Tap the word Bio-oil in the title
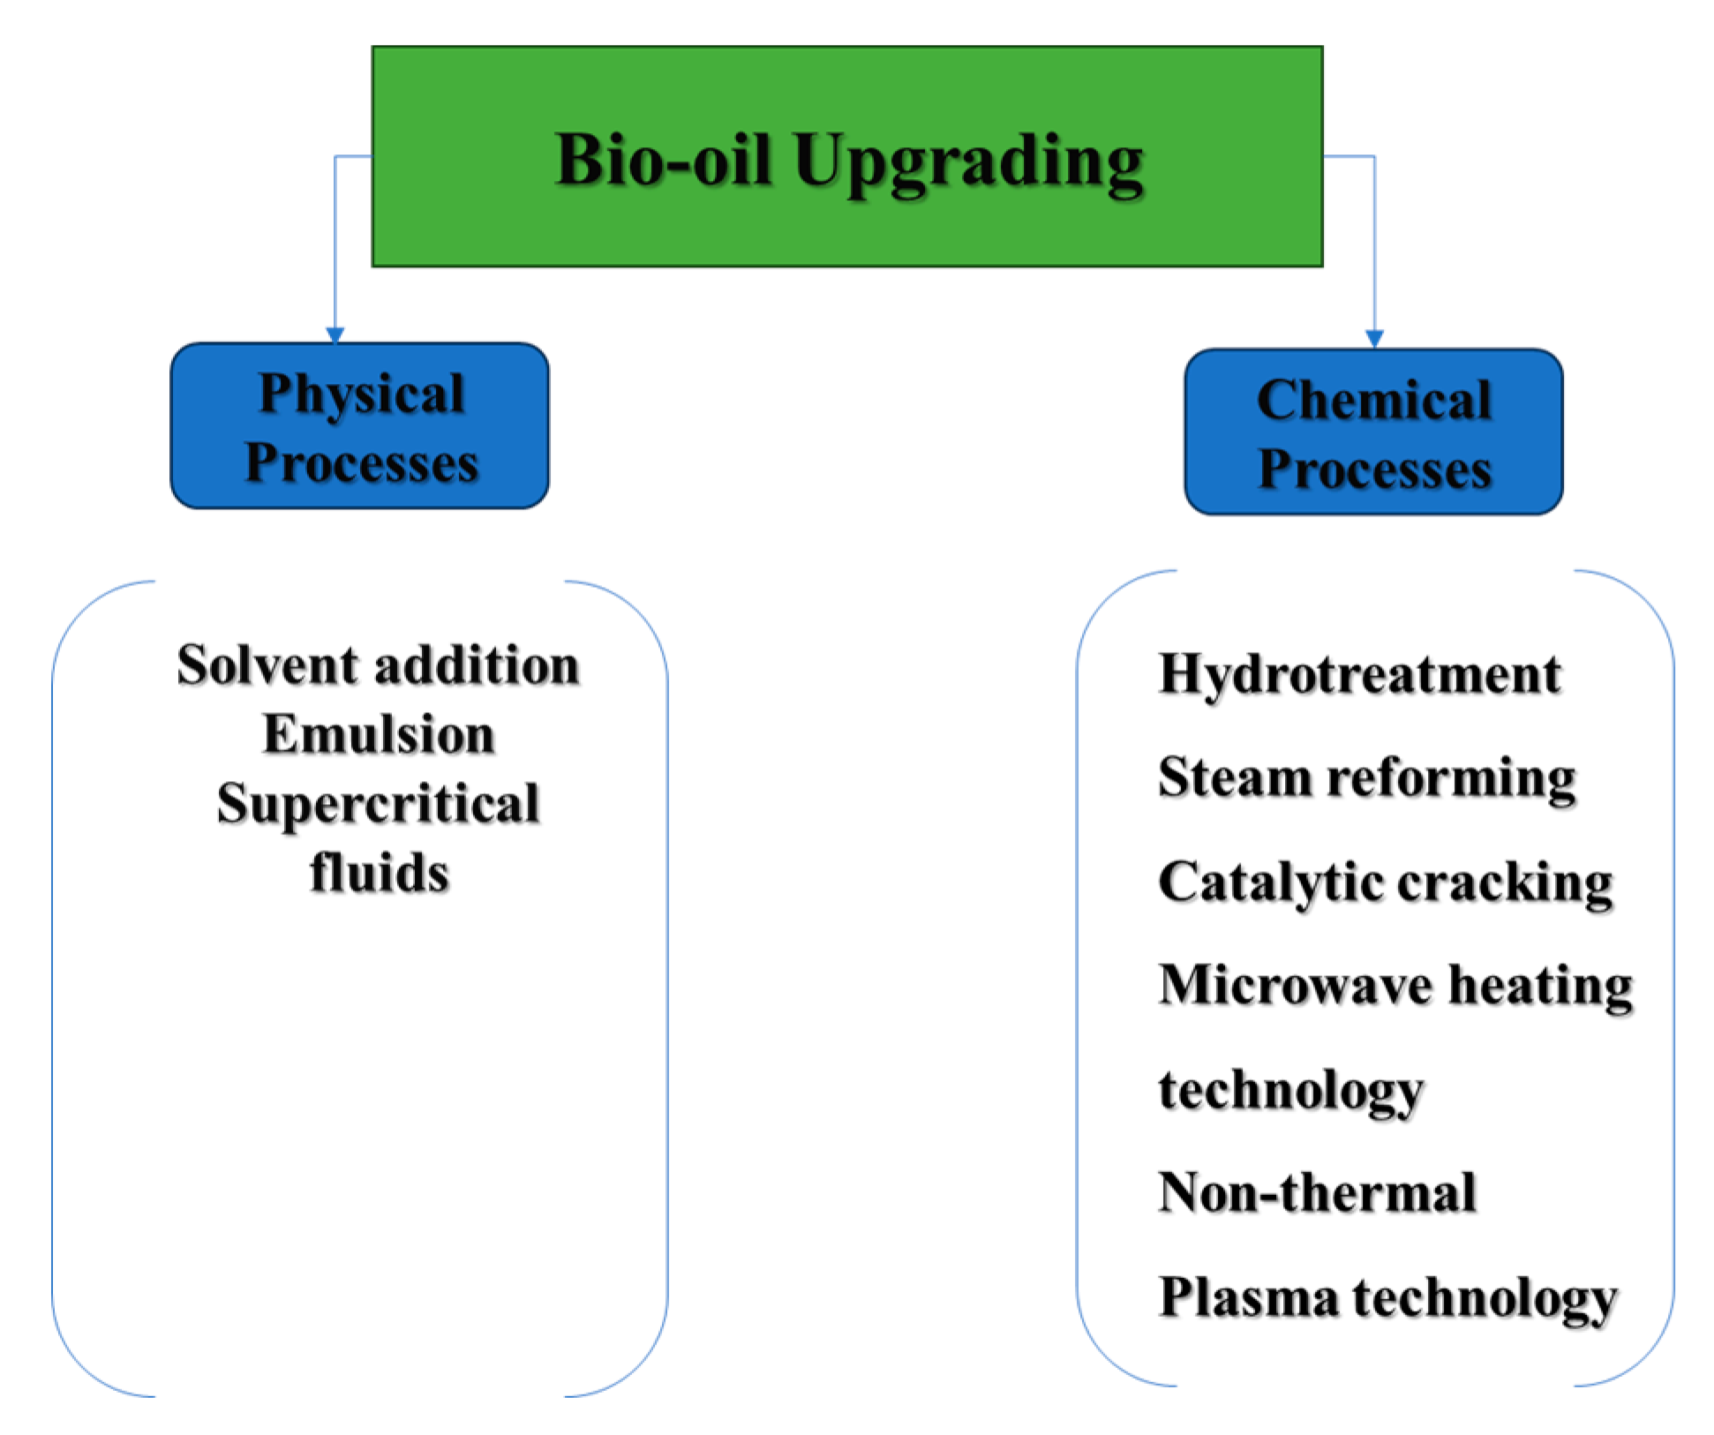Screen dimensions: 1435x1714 click(x=663, y=161)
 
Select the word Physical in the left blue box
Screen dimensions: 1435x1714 click(x=361, y=394)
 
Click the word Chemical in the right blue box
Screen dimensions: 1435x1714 click(x=1373, y=400)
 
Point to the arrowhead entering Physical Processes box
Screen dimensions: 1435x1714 click(x=335, y=334)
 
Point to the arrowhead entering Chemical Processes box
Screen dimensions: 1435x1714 click(x=1374, y=339)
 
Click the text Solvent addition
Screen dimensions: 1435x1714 click(x=378, y=665)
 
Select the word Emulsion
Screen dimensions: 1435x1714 click(x=378, y=734)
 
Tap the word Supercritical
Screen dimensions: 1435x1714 click(x=378, y=803)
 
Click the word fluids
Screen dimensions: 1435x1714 click(x=380, y=872)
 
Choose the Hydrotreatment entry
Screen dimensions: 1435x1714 click(x=1359, y=674)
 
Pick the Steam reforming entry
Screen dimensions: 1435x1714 click(x=1366, y=778)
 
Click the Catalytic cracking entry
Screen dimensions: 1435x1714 click(x=1385, y=882)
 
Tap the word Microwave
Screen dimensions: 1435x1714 click(x=1295, y=985)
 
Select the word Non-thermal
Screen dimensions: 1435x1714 click(x=1317, y=1193)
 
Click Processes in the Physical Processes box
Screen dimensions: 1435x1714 click(x=361, y=462)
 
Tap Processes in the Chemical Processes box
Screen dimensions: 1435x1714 click(x=1373, y=469)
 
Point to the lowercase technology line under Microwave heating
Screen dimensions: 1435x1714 click(x=1290, y=1091)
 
